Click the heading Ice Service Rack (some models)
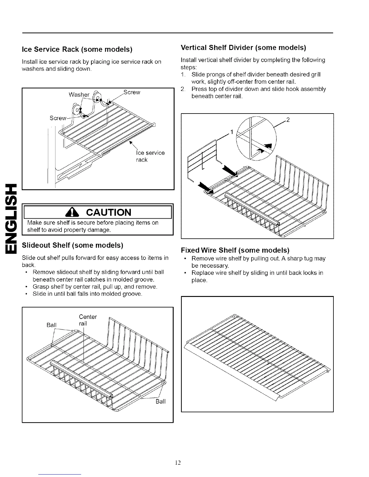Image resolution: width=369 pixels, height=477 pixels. tap(77, 49)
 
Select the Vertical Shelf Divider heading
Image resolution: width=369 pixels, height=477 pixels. tap(243, 48)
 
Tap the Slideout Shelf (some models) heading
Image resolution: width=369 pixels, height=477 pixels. tap(73, 245)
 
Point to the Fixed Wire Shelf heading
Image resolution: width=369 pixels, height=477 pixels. tap(235, 250)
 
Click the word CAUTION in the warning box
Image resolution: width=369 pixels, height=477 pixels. tap(109, 212)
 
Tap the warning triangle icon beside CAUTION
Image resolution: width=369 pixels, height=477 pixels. tap(80, 212)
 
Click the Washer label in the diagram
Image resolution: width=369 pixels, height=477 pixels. tap(79, 95)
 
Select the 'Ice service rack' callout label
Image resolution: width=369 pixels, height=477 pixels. tap(150, 156)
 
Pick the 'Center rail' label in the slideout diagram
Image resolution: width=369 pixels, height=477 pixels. tap(88, 320)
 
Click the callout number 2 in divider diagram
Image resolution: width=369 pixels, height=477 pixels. tap(288, 120)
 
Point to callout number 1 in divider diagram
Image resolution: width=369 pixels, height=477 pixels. tap(232, 132)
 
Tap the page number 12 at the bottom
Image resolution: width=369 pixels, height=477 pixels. tap(178, 462)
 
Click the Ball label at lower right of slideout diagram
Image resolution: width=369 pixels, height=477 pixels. tap(160, 401)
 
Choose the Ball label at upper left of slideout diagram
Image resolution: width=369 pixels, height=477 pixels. tap(52, 325)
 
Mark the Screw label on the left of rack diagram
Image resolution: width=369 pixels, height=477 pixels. tap(58, 118)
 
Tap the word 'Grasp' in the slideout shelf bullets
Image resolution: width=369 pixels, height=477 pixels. tap(41, 286)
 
